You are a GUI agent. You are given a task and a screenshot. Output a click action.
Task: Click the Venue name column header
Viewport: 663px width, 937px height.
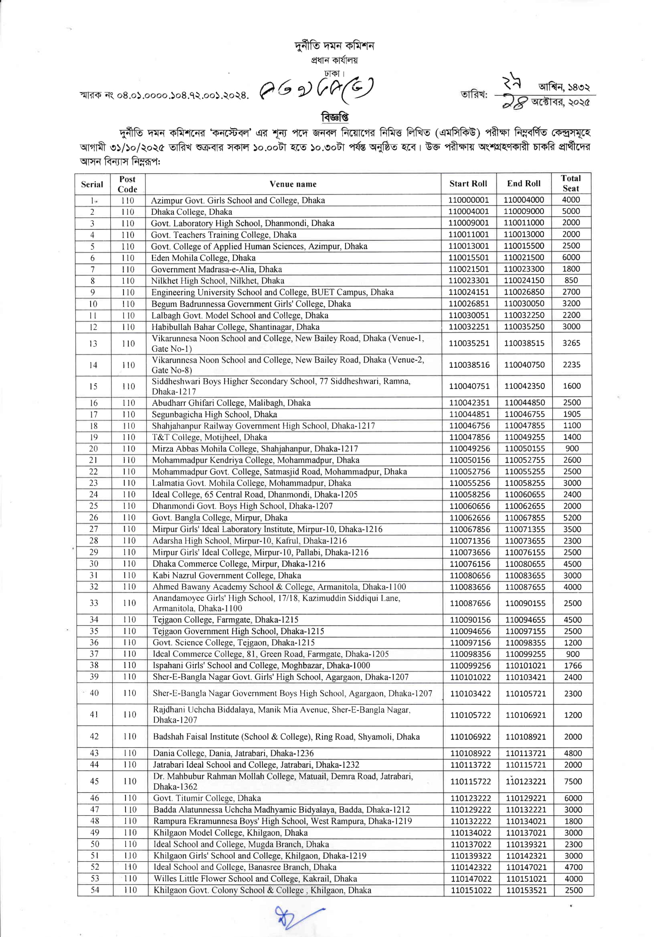tap(293, 184)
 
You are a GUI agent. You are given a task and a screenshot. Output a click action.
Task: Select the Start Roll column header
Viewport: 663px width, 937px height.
tap(468, 183)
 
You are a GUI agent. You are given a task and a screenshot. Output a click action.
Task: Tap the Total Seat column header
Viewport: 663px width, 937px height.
tap(571, 183)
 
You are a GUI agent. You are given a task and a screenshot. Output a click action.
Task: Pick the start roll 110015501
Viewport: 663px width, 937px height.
tap(469, 258)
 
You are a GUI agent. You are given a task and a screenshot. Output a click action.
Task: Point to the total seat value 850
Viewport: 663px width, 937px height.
tap(571, 280)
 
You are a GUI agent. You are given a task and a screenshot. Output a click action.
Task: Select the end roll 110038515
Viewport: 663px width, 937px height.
tap(524, 343)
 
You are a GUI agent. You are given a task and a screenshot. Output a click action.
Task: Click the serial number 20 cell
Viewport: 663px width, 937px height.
tap(93, 449)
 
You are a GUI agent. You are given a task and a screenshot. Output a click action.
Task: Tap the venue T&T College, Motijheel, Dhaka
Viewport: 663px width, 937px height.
tap(209, 437)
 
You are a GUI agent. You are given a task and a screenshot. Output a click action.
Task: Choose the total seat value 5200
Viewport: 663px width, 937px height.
tap(572, 518)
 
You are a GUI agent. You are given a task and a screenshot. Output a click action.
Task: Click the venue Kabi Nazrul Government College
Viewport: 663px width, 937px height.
tap(226, 575)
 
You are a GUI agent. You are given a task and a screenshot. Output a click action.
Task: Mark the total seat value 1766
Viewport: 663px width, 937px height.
tap(572, 665)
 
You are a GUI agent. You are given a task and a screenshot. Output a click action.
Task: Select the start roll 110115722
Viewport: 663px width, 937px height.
tap(470, 781)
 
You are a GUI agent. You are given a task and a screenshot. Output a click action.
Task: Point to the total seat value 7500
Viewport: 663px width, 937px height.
tap(573, 781)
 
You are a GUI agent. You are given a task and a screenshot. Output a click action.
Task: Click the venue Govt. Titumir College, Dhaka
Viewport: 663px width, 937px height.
tap(207, 798)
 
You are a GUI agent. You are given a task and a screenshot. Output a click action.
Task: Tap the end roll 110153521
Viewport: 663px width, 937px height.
tap(526, 890)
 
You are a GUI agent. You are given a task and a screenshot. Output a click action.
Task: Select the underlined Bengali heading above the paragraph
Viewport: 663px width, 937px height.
tap(335, 117)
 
